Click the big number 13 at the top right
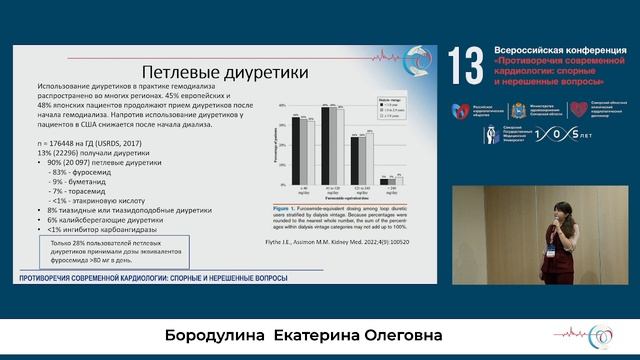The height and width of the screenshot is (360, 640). click(466, 67)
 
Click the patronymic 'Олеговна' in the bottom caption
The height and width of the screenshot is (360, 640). click(398, 333)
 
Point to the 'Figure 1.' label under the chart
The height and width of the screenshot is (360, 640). click(289, 207)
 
